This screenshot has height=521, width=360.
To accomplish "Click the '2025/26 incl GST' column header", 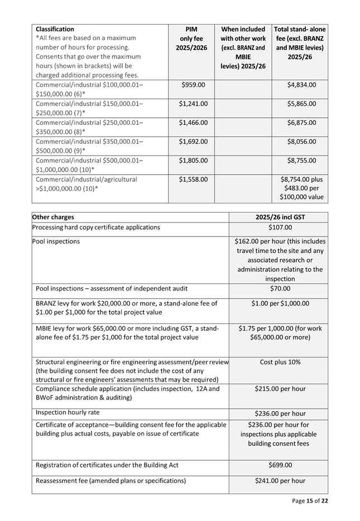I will click(x=280, y=217).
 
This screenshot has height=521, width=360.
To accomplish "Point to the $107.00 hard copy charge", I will click(x=280, y=228).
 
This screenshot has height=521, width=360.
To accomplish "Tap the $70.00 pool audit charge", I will click(x=280, y=288).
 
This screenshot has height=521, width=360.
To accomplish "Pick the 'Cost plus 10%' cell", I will click(x=280, y=362).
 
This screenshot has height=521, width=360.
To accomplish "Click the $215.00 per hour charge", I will click(x=280, y=389).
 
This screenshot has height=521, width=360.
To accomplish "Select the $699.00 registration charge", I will click(x=280, y=465).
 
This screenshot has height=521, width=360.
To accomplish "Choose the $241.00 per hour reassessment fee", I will click(x=280, y=481).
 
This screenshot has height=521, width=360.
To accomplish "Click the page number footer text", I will click(x=310, y=501).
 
